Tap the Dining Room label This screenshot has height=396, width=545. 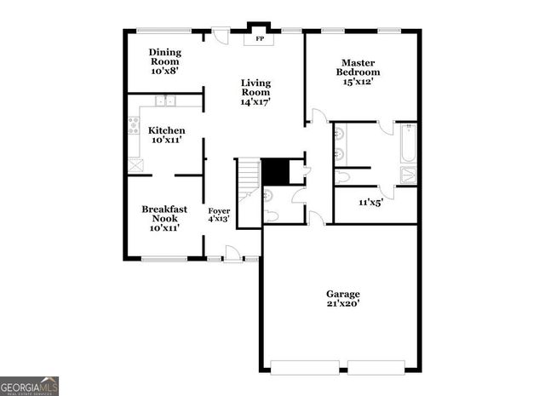pyautogui.click(x=164, y=62)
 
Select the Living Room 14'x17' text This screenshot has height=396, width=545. pyautogui.click(x=255, y=92)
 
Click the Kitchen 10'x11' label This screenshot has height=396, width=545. pyautogui.click(x=167, y=135)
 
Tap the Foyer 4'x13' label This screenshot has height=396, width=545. pyautogui.click(x=219, y=215)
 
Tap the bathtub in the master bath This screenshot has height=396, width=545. pyautogui.click(x=408, y=144)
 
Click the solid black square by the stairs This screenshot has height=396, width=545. pyautogui.click(x=274, y=172)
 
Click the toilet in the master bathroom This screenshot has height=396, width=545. pyautogui.click(x=342, y=177)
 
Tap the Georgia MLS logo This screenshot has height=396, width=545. pyautogui.click(x=30, y=386)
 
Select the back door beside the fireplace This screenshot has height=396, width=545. pyautogui.click(x=221, y=37)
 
